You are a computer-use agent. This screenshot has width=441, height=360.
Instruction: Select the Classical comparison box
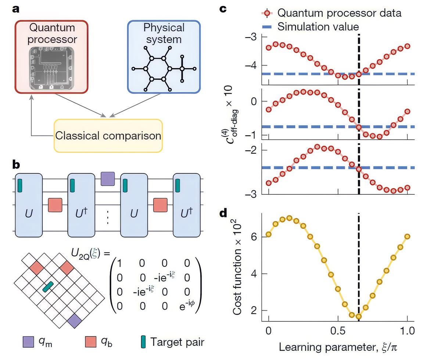click(108, 136)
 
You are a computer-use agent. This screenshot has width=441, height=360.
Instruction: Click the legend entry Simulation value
click(318, 26)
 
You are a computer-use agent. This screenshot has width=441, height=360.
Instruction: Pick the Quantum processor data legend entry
click(339, 13)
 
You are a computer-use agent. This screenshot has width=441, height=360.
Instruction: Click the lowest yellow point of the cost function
click(359, 316)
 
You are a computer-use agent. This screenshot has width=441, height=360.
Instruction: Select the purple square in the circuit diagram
click(107, 179)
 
